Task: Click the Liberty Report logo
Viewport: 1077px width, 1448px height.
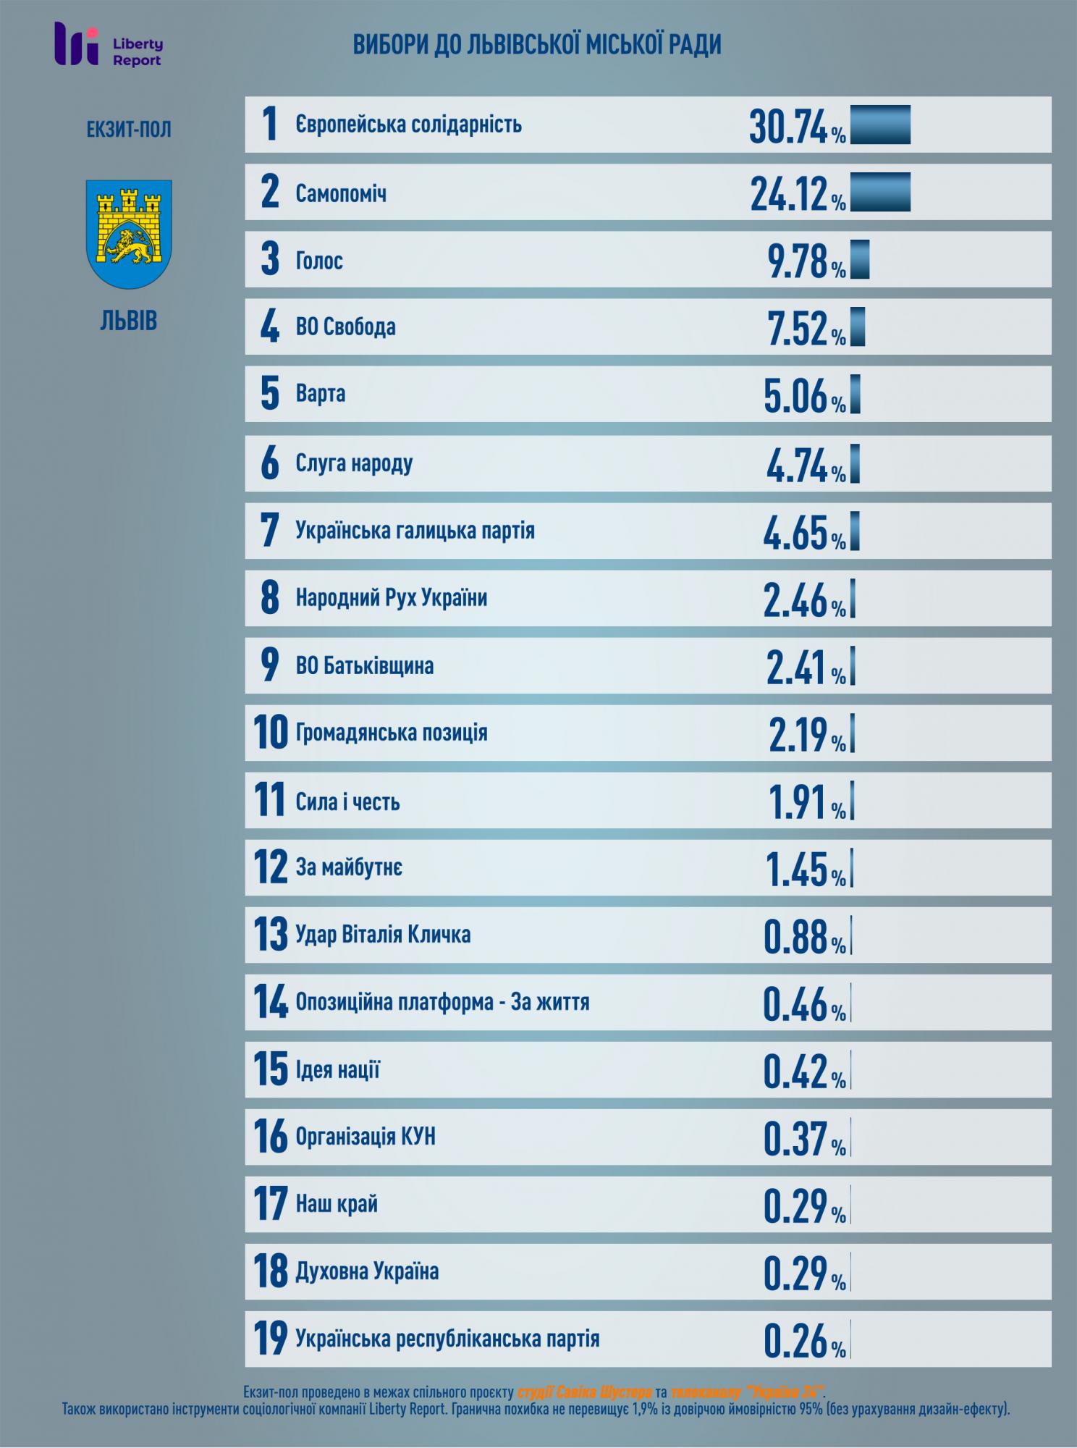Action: (x=109, y=44)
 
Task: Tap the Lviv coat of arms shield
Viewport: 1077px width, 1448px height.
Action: (x=129, y=232)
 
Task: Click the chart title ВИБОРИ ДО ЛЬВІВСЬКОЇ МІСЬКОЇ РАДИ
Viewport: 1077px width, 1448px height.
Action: (x=537, y=46)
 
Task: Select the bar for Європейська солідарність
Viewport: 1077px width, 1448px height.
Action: (x=880, y=125)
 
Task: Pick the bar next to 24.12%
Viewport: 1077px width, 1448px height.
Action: (x=880, y=193)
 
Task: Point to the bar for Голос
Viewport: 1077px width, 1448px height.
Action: (x=860, y=259)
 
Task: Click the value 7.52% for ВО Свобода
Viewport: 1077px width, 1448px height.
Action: (x=806, y=328)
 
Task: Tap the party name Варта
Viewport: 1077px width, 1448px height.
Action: (x=321, y=394)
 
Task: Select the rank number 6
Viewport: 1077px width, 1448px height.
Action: (x=269, y=463)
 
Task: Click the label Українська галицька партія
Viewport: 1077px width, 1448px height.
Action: (x=415, y=531)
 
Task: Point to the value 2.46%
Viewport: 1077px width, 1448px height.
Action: (x=803, y=599)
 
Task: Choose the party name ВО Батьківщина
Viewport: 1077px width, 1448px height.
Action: (x=364, y=665)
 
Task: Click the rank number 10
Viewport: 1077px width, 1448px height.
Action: (x=270, y=733)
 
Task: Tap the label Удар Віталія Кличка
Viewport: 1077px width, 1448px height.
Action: (x=383, y=935)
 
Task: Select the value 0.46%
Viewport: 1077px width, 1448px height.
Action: (x=803, y=1003)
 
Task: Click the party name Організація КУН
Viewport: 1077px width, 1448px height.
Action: (x=366, y=1137)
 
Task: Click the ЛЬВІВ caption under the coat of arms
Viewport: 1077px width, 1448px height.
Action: (x=129, y=321)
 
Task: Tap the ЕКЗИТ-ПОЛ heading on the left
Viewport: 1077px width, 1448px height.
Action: (x=129, y=130)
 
